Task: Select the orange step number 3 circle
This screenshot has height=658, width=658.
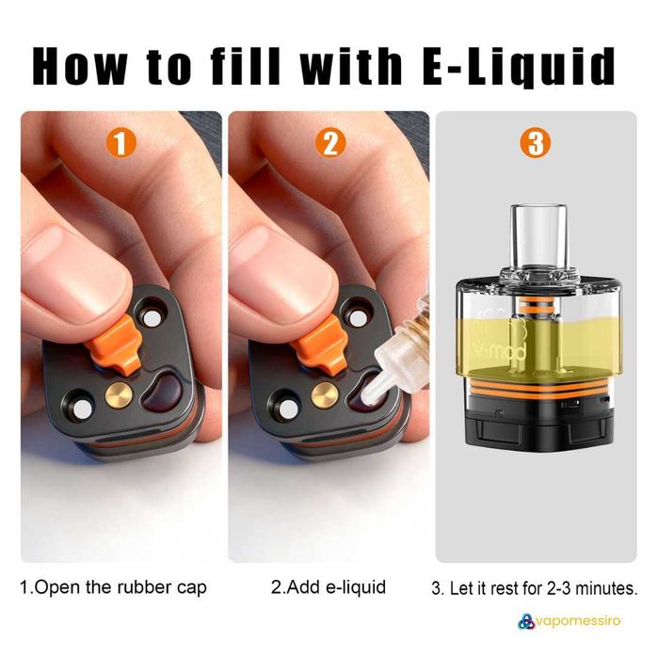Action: point(537,143)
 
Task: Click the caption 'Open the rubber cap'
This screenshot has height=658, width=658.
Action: point(113,588)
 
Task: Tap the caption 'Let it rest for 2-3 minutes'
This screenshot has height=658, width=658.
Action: point(535,589)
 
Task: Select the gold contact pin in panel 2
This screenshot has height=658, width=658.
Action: point(324,394)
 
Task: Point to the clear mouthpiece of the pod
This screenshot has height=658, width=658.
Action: point(536,233)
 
